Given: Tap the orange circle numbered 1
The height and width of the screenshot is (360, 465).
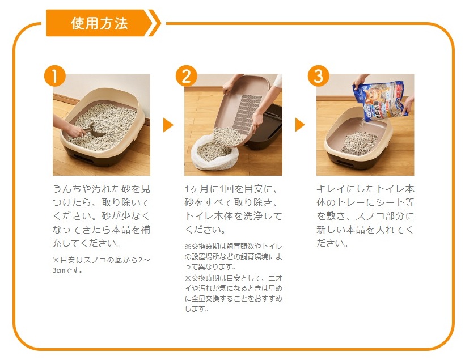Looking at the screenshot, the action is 55,76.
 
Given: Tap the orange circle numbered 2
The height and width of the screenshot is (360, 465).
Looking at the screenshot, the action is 187,76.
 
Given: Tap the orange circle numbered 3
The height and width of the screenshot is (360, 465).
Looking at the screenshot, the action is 318,76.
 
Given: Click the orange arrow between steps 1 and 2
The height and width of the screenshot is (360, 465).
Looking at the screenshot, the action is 168,125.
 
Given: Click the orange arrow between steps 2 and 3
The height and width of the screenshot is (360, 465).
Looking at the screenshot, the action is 300,125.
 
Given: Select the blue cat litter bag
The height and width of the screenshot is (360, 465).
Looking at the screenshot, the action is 381,101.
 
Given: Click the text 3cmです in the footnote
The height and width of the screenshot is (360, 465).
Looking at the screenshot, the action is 67,270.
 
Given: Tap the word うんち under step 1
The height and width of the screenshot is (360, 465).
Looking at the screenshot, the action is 67,189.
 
